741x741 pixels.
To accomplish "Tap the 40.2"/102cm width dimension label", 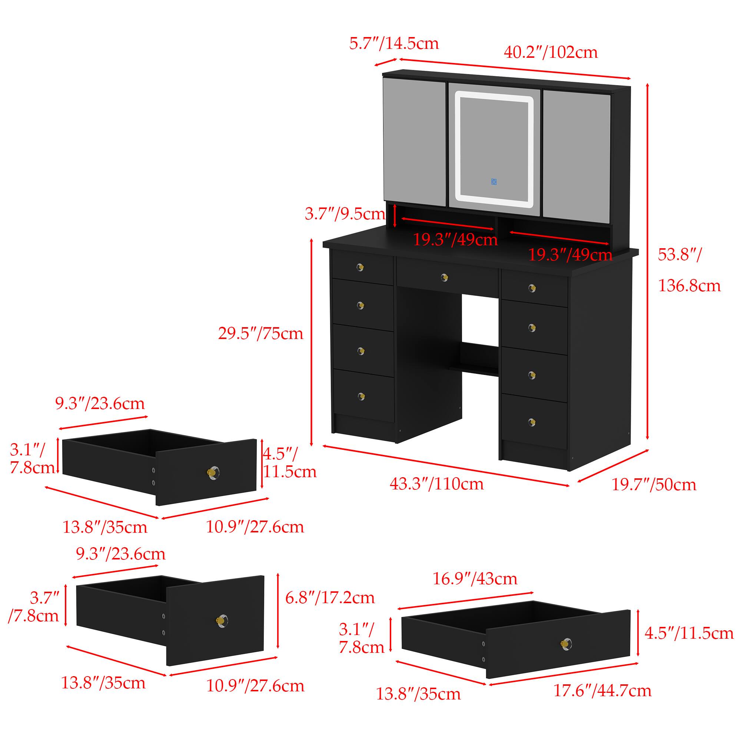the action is click(x=551, y=52).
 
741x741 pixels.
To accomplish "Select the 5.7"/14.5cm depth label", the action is click(x=394, y=43).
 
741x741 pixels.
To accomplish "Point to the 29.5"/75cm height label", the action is click(x=261, y=333).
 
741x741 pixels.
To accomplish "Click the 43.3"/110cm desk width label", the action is click(x=437, y=484).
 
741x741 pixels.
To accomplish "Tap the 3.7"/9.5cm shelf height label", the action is click(x=345, y=214).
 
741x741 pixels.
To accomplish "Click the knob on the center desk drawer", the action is click(x=444, y=277).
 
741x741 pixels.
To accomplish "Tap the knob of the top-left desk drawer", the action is click(x=360, y=267).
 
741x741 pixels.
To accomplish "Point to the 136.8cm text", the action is click(x=690, y=286).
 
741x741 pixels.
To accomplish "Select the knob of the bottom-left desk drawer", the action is click(x=360, y=396).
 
